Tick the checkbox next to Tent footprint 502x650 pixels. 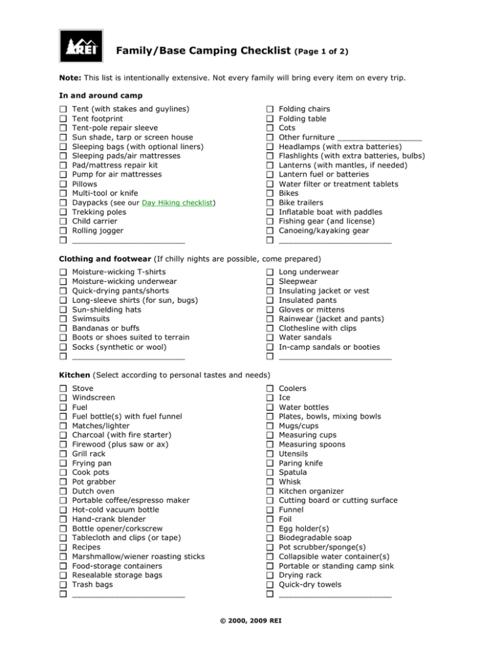coord(63,119)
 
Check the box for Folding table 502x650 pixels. coord(269,119)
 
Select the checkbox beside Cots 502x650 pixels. coord(269,128)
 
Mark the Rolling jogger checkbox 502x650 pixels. coord(63,231)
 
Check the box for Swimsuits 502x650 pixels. coord(63,318)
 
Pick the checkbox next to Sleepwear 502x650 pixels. coord(269,281)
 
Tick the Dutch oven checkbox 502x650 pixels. coord(63,491)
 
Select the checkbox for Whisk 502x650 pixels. coord(269,482)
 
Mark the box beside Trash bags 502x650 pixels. coord(63,585)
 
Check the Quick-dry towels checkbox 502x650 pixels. coord(269,585)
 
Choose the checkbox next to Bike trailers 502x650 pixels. coord(269,203)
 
